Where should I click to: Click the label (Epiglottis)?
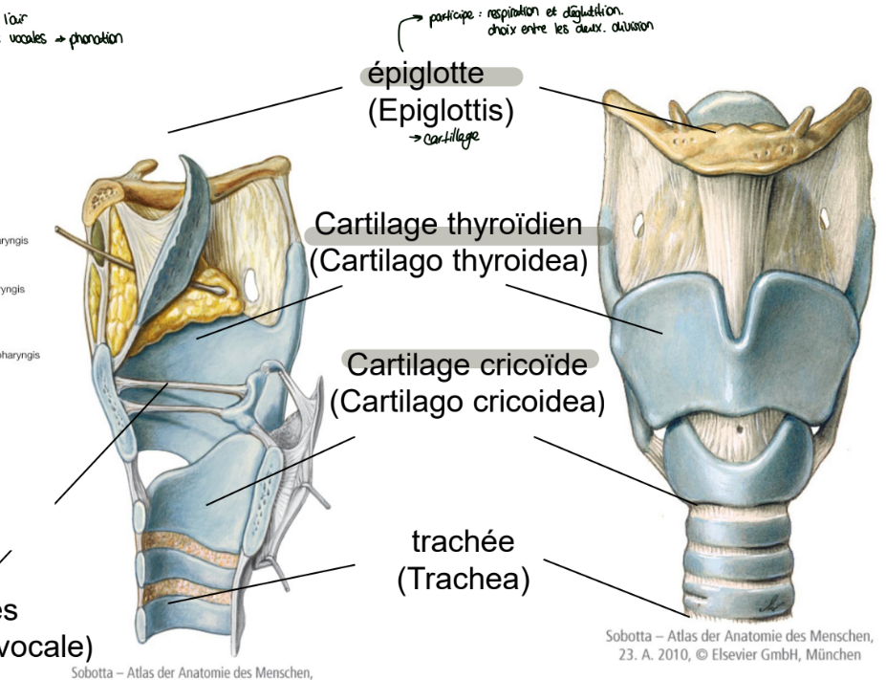[441, 111]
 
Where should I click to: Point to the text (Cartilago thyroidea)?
[447, 261]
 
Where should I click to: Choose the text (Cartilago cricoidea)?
[467, 400]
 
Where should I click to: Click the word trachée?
[464, 542]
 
